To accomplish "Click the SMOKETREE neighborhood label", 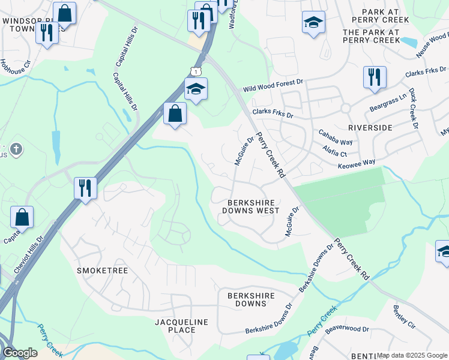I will tap(103, 271).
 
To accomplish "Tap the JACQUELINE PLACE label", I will tap(181, 326).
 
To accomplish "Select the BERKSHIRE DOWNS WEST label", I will tap(250, 207).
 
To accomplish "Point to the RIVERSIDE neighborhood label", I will tap(370, 128).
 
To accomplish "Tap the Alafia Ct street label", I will tap(334, 151).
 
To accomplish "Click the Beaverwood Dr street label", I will tap(347, 329).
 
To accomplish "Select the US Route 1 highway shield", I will tap(191, 71).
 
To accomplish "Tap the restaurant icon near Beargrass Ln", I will tap(375, 77).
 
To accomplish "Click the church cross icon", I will tap(16, 148).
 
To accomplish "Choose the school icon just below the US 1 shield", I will tap(196, 89).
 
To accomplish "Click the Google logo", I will tap(20, 353).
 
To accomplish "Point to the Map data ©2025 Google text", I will tap(412, 355).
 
